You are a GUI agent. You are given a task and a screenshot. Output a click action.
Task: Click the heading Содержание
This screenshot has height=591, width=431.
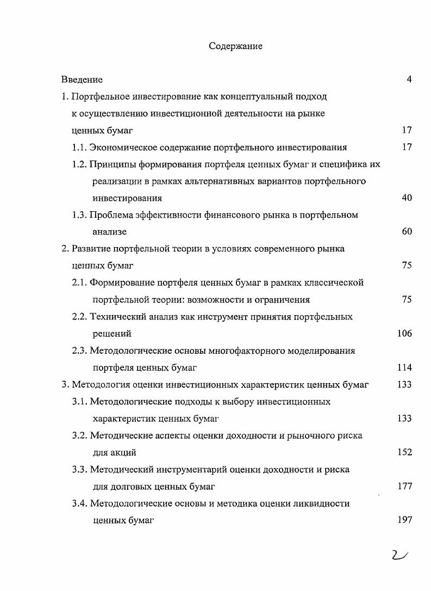[x=235, y=46]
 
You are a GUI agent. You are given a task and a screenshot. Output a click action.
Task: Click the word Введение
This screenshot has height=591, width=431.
[x=82, y=79]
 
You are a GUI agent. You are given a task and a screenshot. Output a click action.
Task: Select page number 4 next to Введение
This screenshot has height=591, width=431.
[x=409, y=79]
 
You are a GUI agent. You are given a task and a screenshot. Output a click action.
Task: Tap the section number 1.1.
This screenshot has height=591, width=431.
[x=79, y=147]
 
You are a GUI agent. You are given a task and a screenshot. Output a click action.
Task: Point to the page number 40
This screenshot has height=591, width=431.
[x=407, y=198]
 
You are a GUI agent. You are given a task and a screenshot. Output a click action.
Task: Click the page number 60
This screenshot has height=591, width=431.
[x=407, y=232]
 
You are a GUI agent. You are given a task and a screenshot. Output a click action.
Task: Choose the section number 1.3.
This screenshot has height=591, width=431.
[x=79, y=215]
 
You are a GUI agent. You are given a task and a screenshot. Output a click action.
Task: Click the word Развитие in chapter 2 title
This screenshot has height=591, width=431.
[x=90, y=249]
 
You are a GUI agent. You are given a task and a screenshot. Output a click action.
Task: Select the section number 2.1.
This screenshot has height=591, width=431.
[x=79, y=282]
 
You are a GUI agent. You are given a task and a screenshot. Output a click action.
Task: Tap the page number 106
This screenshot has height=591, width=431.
[x=404, y=334]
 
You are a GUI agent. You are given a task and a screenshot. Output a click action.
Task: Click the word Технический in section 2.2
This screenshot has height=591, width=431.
[x=117, y=317]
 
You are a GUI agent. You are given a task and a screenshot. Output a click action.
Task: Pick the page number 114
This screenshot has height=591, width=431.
[x=404, y=368]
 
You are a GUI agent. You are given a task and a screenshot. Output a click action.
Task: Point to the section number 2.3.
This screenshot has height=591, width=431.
[x=79, y=351]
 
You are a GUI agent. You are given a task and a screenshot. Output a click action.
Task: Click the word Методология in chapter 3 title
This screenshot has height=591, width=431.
[x=98, y=385]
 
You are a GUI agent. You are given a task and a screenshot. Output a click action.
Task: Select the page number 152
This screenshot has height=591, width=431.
[x=404, y=452]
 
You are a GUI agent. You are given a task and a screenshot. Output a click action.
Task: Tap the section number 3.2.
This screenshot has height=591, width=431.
[x=79, y=435]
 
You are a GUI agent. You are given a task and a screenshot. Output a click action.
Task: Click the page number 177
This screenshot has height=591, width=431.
[x=404, y=487]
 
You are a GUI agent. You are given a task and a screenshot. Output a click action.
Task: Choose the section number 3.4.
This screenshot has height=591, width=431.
[x=79, y=503]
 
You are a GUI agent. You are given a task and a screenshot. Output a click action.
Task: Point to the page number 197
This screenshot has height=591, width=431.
[x=404, y=520]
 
